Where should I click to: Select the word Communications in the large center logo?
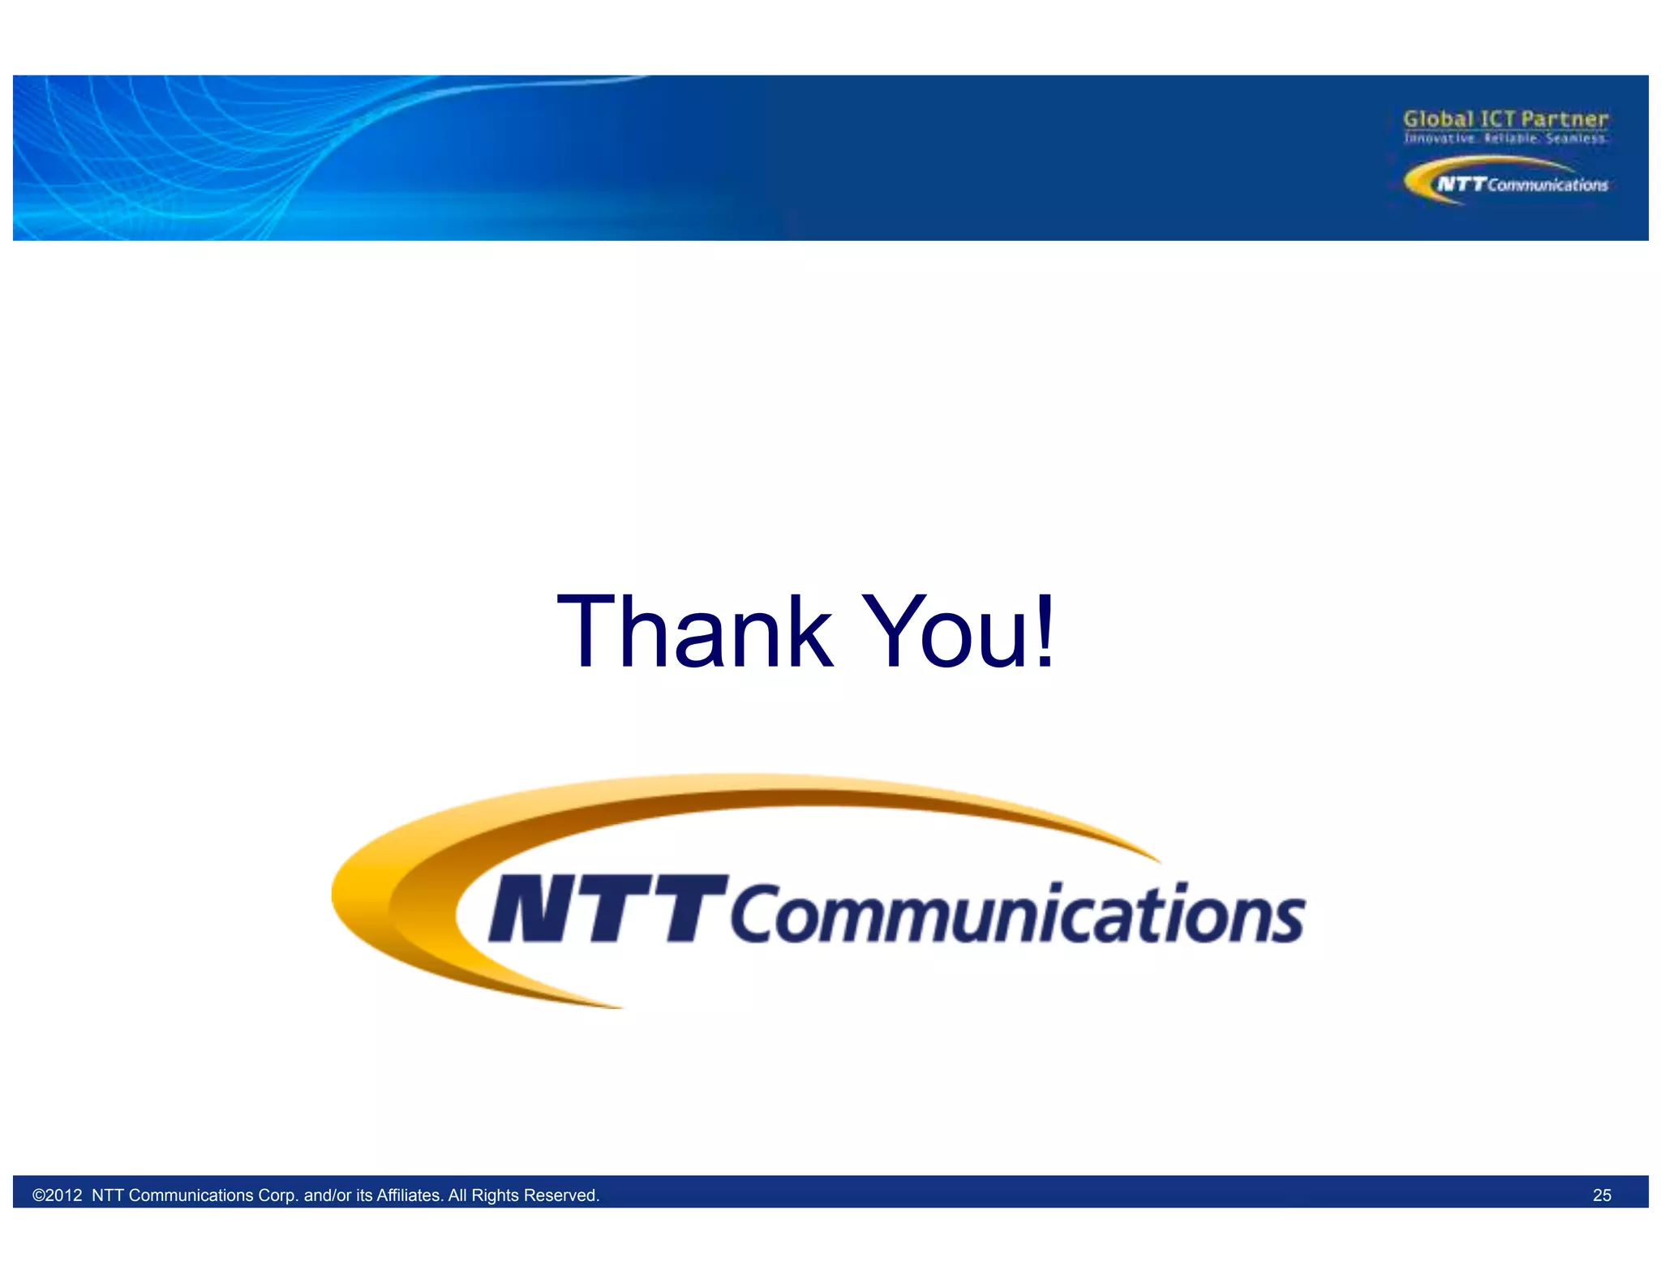coord(1017,915)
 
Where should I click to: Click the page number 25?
coord(1602,1195)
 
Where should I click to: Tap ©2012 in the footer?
coord(57,1195)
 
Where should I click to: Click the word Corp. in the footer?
coord(277,1195)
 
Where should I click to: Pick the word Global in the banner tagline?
coord(1438,119)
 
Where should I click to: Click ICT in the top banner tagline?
coord(1497,119)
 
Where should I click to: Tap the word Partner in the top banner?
coord(1564,119)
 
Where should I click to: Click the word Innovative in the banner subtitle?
coord(1440,139)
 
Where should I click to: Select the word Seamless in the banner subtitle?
coord(1576,139)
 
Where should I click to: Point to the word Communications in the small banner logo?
coord(1547,185)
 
